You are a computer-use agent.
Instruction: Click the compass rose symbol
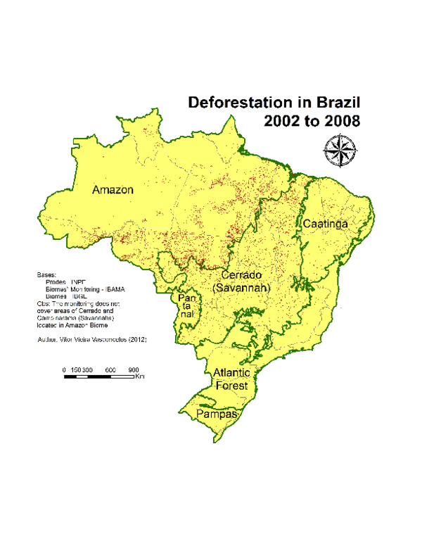(x=340, y=151)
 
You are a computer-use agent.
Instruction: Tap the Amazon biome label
(x=113, y=190)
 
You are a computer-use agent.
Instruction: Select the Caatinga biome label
(x=326, y=223)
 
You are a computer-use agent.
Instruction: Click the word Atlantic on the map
(x=232, y=373)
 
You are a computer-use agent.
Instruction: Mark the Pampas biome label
(x=215, y=415)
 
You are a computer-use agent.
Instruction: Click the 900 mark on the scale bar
(x=134, y=370)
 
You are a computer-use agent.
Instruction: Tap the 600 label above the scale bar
(x=111, y=370)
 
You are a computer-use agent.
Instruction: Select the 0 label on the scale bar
(x=64, y=370)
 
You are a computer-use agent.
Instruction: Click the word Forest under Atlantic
(x=232, y=386)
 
